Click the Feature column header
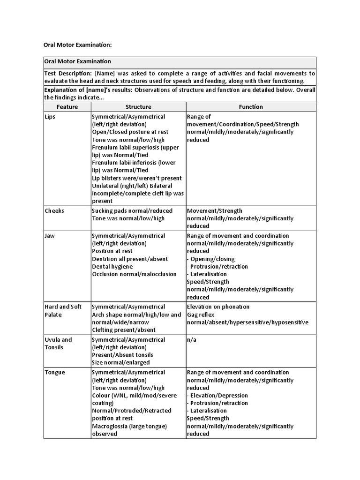[67, 107]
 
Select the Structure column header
[138, 107]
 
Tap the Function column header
[251, 107]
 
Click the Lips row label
[50, 117]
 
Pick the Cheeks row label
[54, 211]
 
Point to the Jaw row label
[50, 236]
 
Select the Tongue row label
[55, 373]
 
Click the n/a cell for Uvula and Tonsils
[191, 340]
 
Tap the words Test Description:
[68, 74]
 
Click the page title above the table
[77, 45]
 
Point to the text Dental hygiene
[112, 267]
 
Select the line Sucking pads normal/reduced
[132, 211]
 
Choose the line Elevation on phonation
[218, 307]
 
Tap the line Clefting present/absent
[123, 330]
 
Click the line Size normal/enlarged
[121, 362]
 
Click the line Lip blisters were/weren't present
[137, 178]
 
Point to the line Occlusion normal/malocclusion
[135, 274]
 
